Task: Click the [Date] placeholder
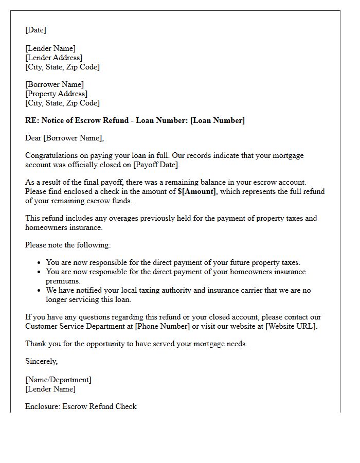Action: coord(35,30)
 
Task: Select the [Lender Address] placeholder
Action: coord(54,58)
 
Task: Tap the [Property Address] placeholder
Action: coord(57,94)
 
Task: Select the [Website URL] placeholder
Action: coord(291,326)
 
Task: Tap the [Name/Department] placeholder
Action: coord(58,380)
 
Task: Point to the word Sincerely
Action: coord(41,361)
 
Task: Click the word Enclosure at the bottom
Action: coord(43,406)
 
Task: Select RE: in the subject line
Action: coord(32,120)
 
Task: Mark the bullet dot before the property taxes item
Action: coord(40,263)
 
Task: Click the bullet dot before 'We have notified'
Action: coord(40,291)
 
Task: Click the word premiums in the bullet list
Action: coord(63,281)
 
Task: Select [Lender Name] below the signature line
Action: coord(50,389)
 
